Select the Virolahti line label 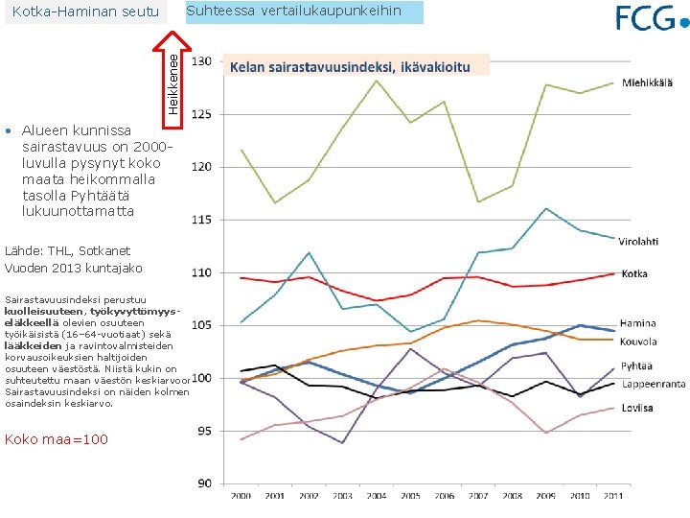point(638,241)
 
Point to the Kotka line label point(634,274)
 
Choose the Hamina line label point(637,324)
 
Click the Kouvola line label point(638,341)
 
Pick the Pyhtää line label point(636,366)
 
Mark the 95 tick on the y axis point(203,432)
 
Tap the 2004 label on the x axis point(377,496)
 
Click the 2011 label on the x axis point(613,496)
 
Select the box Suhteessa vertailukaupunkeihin point(291,12)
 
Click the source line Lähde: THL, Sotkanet point(67,251)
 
